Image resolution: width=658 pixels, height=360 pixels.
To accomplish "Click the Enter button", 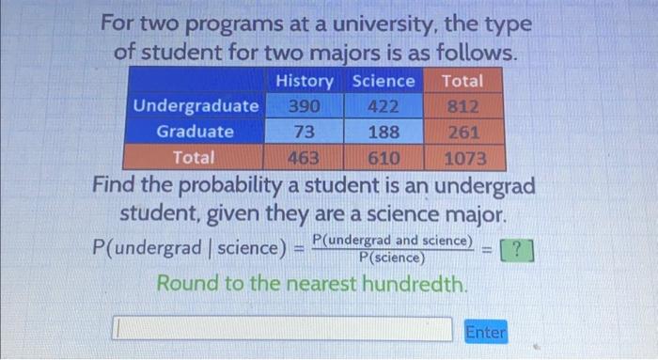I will click(485, 331).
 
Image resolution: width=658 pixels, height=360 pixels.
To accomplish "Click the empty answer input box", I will click(282, 329).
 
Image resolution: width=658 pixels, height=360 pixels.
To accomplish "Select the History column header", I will click(306, 82).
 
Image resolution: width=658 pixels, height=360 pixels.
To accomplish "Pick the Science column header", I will click(384, 82).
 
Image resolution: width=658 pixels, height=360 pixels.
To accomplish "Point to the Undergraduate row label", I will click(196, 106).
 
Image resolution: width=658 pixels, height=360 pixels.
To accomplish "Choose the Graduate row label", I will click(196, 132).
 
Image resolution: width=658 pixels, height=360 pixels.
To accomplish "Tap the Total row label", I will click(195, 157).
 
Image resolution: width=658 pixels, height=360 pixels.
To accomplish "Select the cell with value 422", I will click(384, 106).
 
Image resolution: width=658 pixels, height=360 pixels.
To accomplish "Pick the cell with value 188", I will click(384, 132).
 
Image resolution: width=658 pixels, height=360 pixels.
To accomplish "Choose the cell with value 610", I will click(384, 157).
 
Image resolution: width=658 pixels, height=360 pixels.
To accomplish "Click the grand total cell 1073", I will click(464, 157).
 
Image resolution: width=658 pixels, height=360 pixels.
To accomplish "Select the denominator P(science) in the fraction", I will click(392, 258).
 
